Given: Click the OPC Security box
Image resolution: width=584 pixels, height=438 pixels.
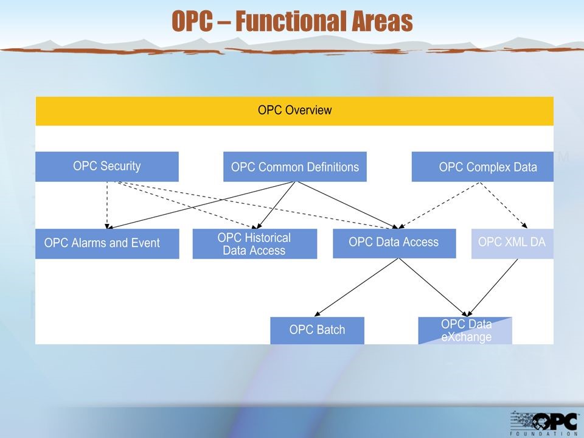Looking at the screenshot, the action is [x=107, y=167].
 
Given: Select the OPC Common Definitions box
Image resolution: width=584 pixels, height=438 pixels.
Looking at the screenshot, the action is [x=295, y=167].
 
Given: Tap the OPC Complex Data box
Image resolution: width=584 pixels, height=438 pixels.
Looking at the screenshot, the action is [x=482, y=167].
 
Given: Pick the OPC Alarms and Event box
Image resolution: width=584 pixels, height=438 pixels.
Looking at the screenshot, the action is [x=107, y=243].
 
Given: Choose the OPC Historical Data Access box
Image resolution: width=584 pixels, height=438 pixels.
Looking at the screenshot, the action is [x=255, y=243].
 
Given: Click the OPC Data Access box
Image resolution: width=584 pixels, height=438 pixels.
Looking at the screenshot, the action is [x=394, y=243].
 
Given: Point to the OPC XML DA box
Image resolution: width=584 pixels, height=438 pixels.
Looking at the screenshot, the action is [x=512, y=243].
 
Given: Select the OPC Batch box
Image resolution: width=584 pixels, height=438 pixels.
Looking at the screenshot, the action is [x=318, y=330].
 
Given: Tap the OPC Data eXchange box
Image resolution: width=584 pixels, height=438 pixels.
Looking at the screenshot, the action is [x=465, y=330].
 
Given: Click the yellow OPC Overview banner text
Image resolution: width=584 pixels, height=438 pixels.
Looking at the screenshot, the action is [x=294, y=110].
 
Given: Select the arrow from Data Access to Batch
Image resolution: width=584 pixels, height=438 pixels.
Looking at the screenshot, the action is [x=357, y=288].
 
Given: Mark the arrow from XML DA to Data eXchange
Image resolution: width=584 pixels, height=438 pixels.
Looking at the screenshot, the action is [x=492, y=288].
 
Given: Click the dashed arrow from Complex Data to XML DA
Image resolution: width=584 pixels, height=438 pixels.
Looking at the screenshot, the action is [x=504, y=205].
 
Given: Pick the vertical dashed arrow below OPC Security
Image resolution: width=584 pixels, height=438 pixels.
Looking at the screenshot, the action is [x=107, y=205].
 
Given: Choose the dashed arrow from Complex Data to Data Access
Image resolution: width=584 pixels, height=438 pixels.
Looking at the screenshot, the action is [x=439, y=205].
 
